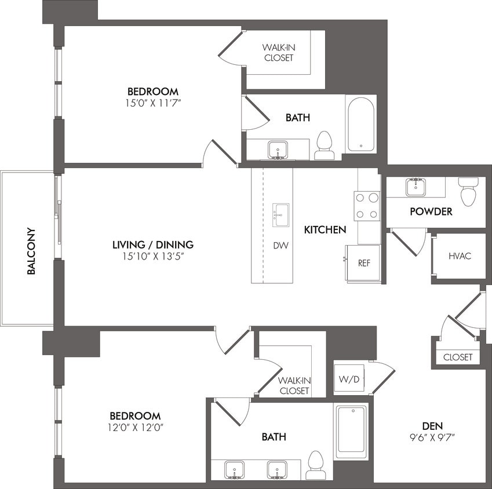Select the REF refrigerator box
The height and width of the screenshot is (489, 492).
pos(363,263)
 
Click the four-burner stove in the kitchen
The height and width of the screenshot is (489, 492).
pos(367,206)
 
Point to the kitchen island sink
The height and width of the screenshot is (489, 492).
pos(281,214)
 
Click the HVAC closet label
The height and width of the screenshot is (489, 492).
pos(460,256)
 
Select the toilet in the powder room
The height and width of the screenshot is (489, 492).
pos(468,191)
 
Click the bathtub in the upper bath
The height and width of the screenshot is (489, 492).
pos(361,124)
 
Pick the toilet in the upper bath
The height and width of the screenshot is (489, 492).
pos(325,145)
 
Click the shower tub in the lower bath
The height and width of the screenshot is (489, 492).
pos(351,431)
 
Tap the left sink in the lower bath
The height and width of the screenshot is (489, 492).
pos(234,470)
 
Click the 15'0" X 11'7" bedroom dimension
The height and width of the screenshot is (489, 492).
pos(153,103)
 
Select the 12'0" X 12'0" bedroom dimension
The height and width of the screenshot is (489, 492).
pos(135,428)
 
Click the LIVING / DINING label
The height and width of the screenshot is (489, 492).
pos(153,244)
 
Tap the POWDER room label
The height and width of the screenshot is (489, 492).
pos(431,212)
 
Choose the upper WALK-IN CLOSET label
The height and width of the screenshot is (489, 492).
pos(278,52)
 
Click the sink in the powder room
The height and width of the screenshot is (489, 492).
pos(416,187)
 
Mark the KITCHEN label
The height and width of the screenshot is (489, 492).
pos(325,230)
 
